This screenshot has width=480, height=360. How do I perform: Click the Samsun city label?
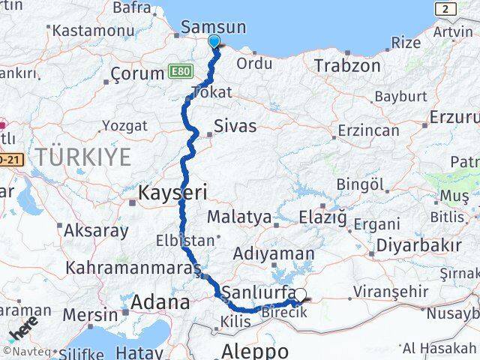click(x=214, y=27)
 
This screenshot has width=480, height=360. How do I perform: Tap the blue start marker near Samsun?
click(x=214, y=42)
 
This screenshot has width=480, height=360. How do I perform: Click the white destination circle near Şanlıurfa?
click(x=301, y=295)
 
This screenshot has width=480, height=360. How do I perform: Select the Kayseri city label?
click(x=172, y=193)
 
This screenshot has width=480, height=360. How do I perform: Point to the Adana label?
click(x=160, y=302)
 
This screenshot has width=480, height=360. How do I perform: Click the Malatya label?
click(x=239, y=217)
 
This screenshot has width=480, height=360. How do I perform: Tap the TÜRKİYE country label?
click(x=85, y=157)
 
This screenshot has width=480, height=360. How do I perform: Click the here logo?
click(x=23, y=328)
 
